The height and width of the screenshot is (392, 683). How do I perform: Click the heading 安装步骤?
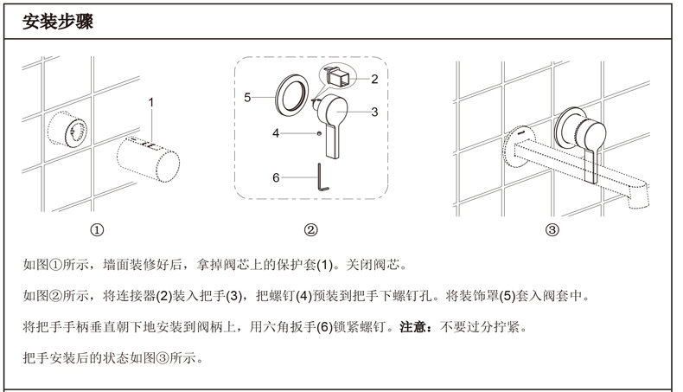click(58, 21)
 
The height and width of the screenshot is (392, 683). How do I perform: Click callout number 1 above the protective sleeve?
click(151, 102)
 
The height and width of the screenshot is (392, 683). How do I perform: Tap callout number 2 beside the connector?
click(374, 79)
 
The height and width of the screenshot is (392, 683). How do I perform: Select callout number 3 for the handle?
click(374, 112)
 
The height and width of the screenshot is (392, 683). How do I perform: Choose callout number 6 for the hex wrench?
click(276, 178)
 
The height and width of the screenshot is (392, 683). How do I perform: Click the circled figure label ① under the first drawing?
click(97, 230)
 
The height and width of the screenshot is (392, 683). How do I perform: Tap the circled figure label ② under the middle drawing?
click(310, 230)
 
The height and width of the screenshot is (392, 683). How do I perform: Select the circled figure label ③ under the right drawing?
click(552, 230)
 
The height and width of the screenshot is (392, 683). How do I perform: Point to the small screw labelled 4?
click(319, 133)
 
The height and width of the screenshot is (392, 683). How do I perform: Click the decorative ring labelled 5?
click(292, 95)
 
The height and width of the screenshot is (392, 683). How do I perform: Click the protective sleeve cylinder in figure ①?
click(148, 159)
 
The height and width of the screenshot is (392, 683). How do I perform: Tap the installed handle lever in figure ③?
click(590, 148)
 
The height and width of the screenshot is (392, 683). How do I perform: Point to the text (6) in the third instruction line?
click(324, 326)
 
